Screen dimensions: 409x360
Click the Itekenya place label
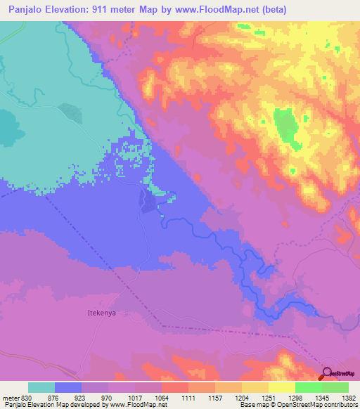coord(101,313)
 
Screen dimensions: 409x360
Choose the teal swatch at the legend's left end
coord(41,387)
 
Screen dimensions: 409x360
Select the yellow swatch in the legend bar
coord(282,387)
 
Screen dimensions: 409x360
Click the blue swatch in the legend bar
coord(68,387)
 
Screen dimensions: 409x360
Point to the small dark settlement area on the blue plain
coord(148,201)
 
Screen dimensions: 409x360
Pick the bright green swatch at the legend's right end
coord(335,387)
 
